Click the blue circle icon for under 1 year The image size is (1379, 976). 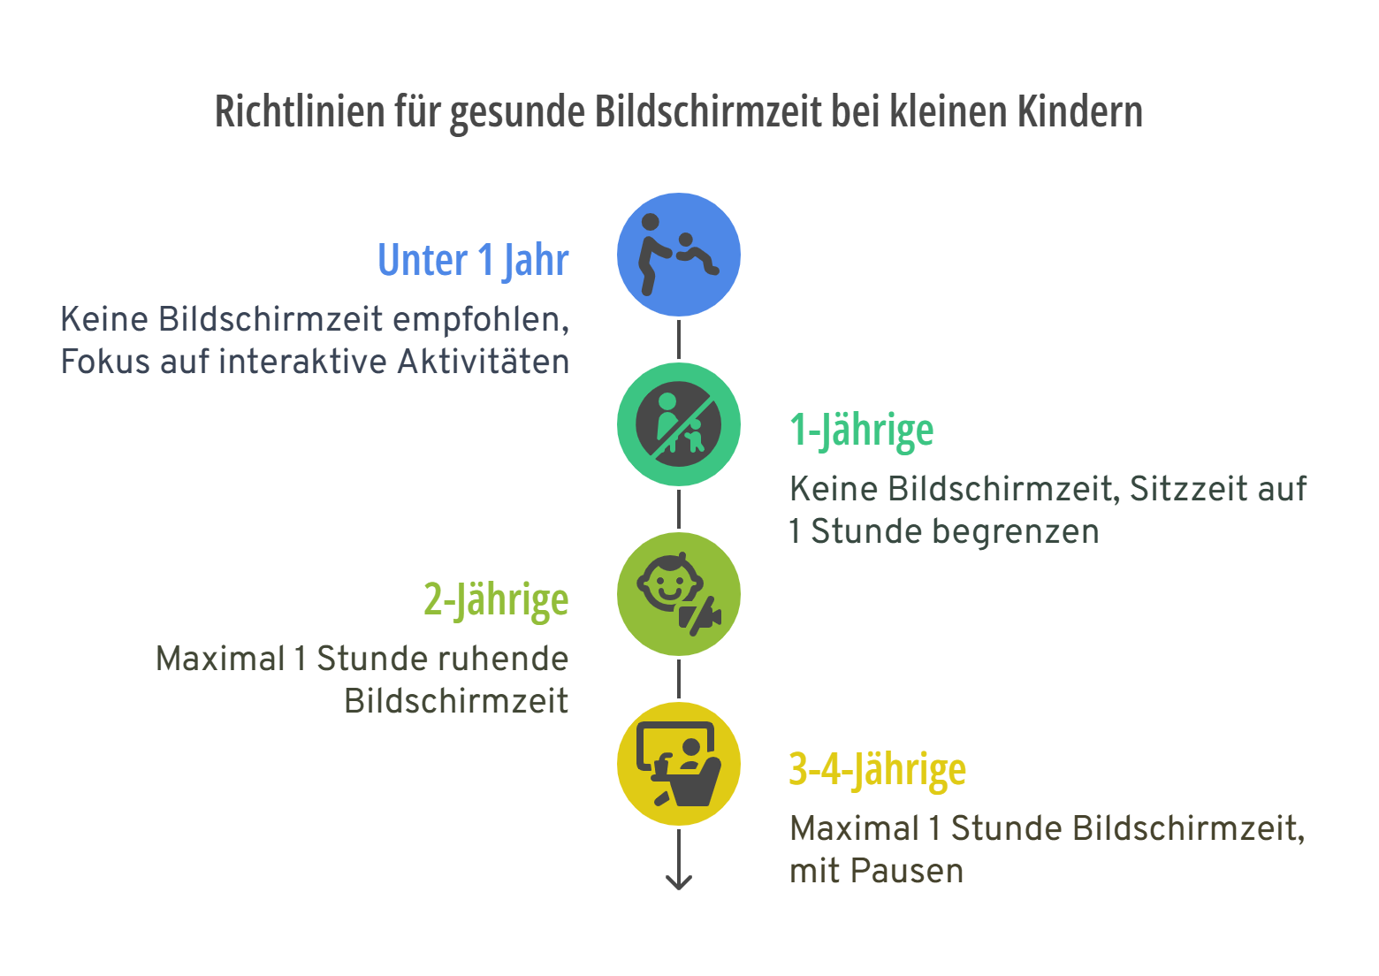click(678, 255)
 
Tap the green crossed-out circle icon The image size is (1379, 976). click(678, 424)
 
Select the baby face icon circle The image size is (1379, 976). click(678, 594)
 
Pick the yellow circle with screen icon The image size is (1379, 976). click(678, 764)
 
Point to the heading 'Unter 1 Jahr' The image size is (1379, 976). click(473, 261)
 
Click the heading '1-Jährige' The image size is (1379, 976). click(861, 431)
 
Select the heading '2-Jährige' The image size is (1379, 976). click(496, 600)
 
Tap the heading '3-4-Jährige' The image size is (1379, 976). click(877, 770)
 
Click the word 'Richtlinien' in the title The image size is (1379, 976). click(300, 112)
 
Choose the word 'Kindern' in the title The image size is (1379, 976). click(1079, 112)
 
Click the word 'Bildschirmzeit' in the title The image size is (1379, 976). click(708, 112)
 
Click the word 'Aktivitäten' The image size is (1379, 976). click(484, 362)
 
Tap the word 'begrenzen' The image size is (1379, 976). click(955, 532)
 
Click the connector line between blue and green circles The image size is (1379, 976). click(678, 339)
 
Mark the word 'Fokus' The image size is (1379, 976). click(105, 362)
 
